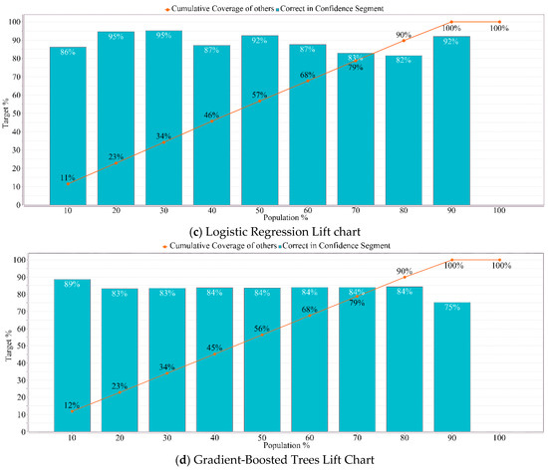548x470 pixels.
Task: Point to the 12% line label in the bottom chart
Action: (x=71, y=404)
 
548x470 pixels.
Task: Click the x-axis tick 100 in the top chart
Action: (x=498, y=213)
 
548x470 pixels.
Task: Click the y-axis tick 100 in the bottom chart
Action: (x=33, y=260)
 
